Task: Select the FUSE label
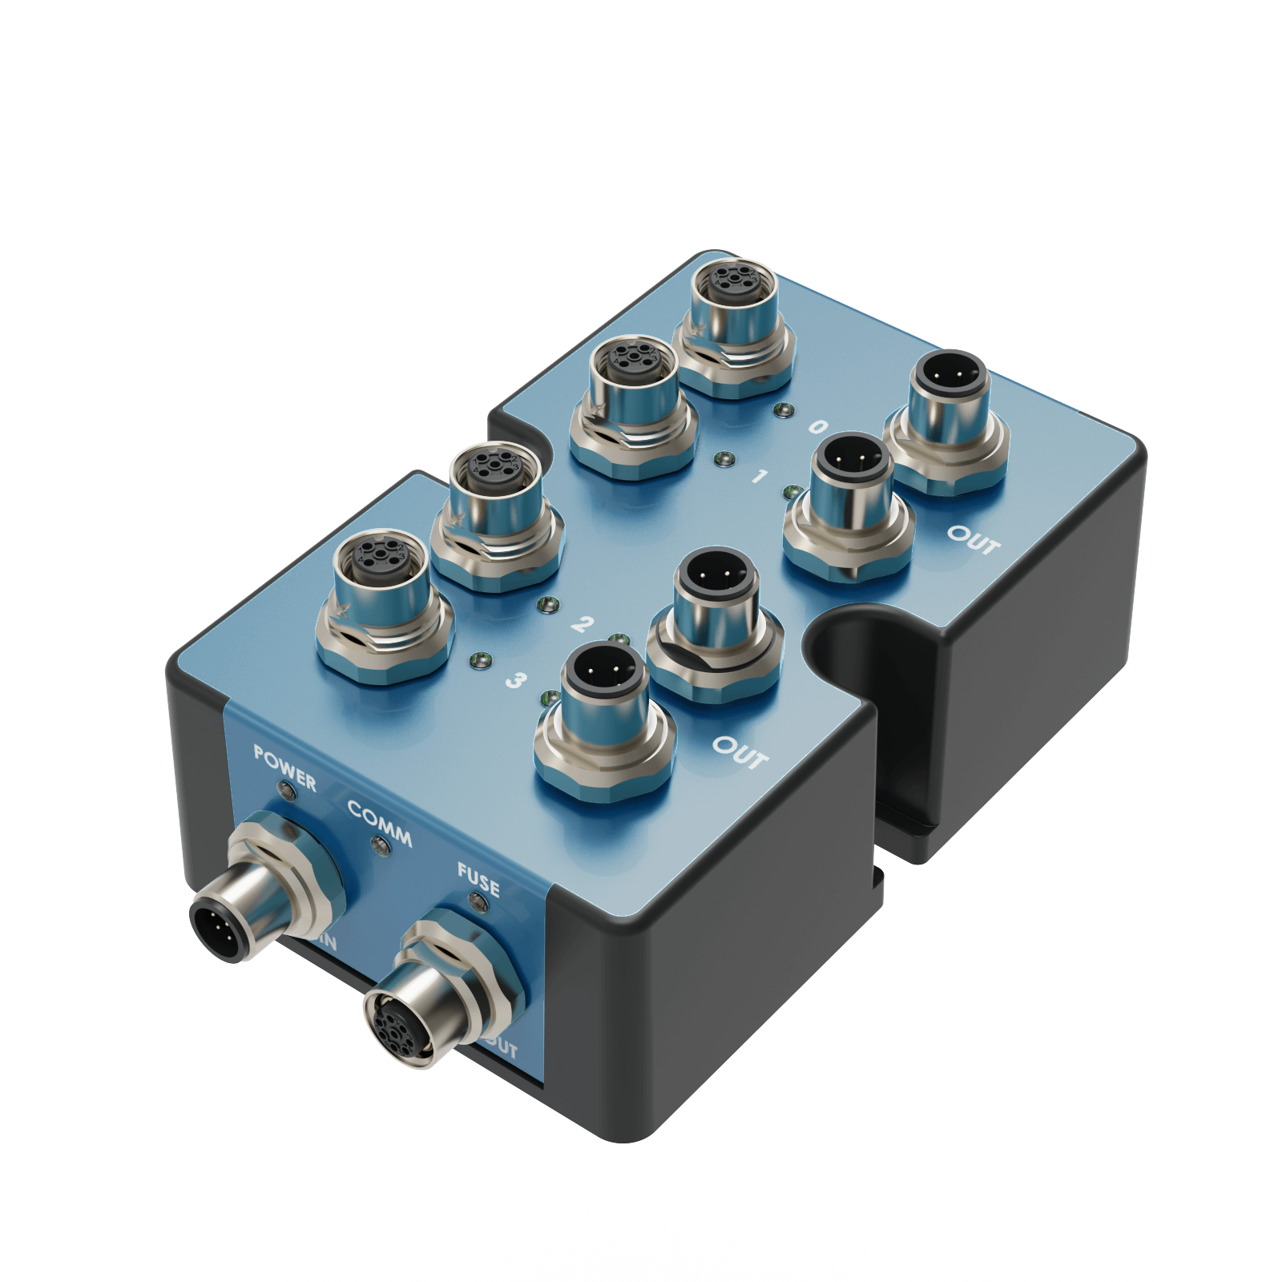[478, 879]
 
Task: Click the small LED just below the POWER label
[286, 792]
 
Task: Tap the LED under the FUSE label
[480, 904]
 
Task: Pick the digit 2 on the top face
[583, 624]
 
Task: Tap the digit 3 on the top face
[516, 680]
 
